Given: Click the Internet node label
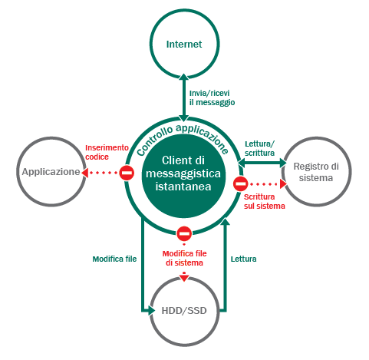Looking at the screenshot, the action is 184,45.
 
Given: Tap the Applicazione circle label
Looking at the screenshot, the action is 51,172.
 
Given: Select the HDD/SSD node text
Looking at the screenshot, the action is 184,311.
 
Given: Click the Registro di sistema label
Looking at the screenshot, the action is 316,172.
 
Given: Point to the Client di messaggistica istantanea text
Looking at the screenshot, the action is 183,173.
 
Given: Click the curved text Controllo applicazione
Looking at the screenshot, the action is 183,138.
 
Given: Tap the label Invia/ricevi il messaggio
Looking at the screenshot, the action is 212,97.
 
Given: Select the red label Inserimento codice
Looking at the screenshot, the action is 107,152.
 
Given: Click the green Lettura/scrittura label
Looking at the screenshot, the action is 259,148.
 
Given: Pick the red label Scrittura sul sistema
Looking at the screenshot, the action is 265,201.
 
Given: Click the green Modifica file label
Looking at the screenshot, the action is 114,259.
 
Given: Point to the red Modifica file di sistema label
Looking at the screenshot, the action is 184,258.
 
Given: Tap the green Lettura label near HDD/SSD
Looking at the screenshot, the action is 243,259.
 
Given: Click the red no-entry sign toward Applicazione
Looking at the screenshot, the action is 127,173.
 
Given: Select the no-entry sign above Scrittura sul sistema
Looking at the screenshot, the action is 240,183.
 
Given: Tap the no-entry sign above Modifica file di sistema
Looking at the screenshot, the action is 184,233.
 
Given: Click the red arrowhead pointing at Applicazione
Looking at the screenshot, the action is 85,173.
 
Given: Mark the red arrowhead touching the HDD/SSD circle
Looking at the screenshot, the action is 184,278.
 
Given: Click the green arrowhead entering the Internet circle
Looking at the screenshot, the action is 184,77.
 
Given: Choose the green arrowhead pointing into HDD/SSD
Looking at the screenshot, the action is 152,311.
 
